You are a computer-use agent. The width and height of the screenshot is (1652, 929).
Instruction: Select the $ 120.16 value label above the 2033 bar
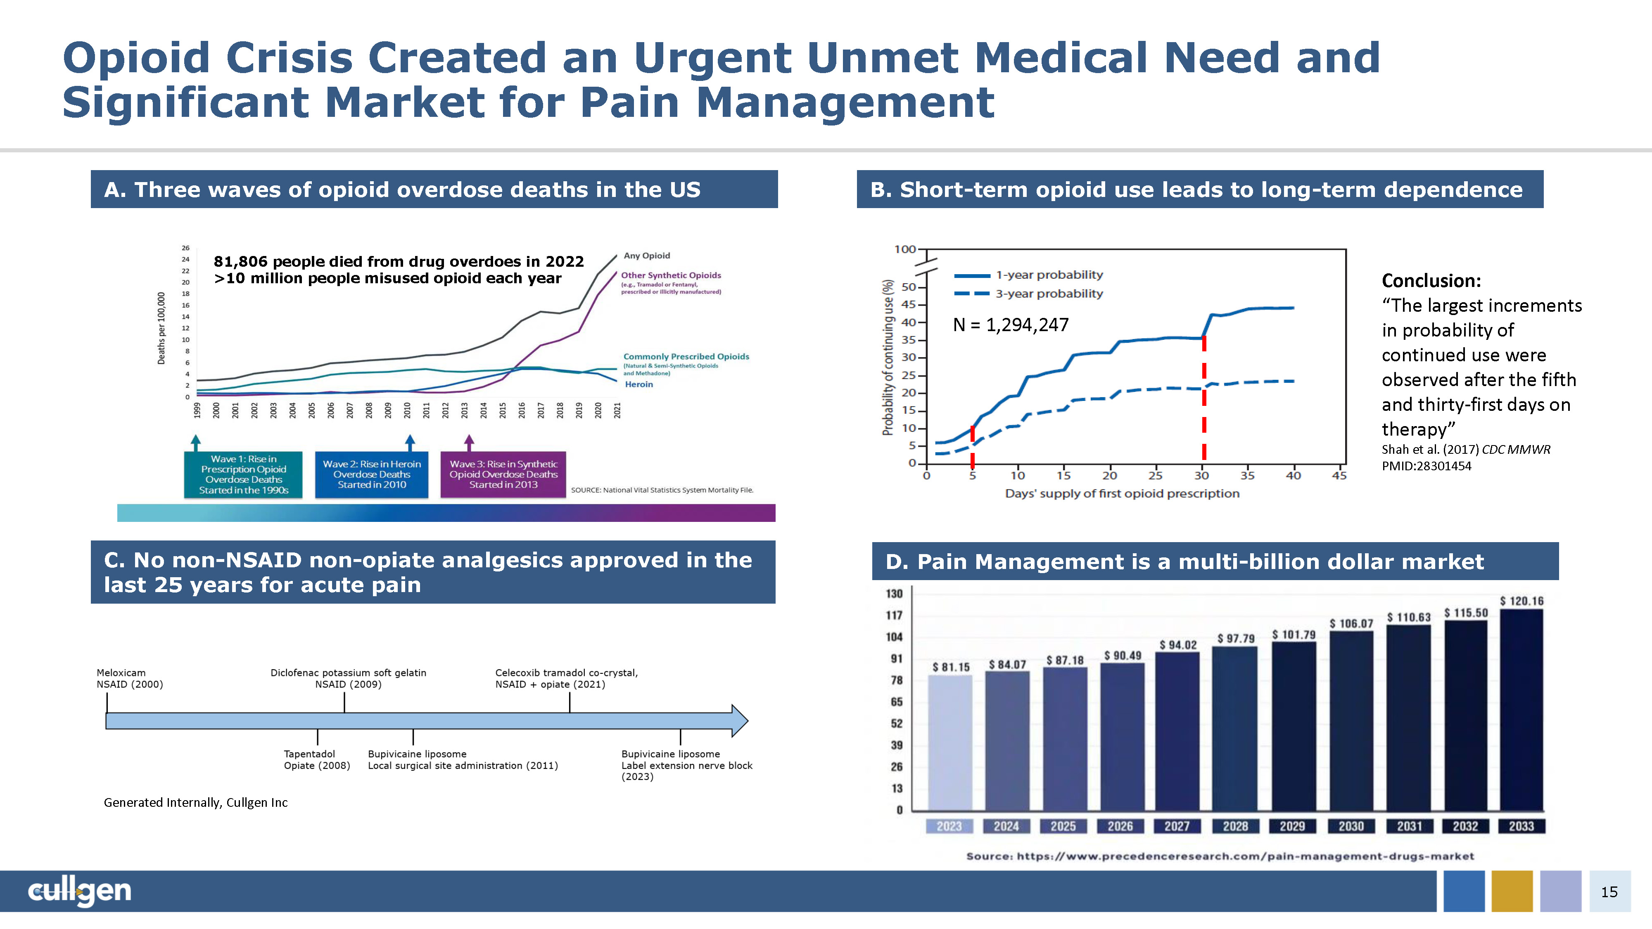[1521, 601]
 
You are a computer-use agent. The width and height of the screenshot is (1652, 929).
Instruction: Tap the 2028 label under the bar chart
[1235, 827]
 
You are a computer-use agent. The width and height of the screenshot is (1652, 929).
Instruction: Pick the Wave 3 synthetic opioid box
[503, 474]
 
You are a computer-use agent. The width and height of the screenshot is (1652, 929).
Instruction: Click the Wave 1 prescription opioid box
[243, 474]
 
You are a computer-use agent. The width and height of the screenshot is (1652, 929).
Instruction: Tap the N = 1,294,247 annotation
[1011, 325]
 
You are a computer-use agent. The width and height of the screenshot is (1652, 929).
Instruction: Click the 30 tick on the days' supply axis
[1201, 476]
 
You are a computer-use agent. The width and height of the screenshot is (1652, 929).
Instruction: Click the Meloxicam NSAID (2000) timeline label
[130, 678]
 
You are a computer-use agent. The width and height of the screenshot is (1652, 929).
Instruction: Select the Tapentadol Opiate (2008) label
[317, 760]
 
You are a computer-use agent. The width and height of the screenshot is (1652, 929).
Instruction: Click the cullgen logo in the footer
[80, 891]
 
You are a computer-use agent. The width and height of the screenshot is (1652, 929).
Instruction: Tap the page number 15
[1609, 892]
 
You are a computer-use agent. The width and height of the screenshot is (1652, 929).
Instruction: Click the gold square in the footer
[1512, 891]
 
